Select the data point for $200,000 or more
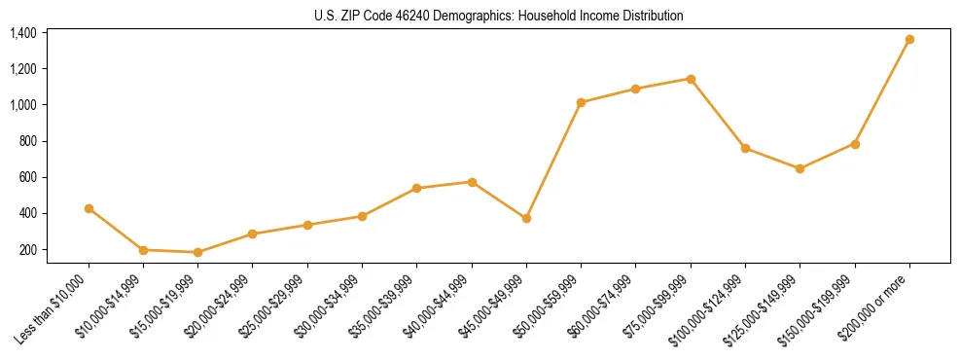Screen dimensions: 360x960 tap(909, 40)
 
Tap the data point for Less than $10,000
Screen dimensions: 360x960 tap(89, 208)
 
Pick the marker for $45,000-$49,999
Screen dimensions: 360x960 tap(526, 219)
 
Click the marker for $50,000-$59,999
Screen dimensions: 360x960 tap(581, 102)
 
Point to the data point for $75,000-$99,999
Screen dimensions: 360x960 tap(691, 79)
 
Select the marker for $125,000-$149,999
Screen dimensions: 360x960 tap(800, 168)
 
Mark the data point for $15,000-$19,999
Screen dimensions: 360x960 tap(198, 252)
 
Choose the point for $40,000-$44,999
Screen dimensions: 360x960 tap(472, 182)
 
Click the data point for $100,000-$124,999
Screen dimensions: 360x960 tap(745, 148)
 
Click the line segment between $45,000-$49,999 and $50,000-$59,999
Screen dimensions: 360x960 tap(553, 161)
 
